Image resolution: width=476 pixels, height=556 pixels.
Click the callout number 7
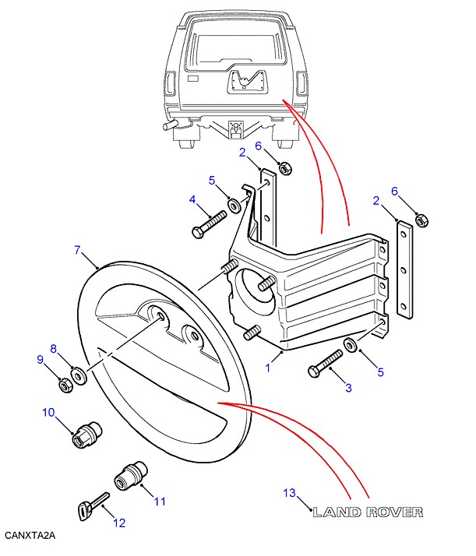click(x=77, y=251)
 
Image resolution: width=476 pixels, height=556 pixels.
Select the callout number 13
click(x=290, y=494)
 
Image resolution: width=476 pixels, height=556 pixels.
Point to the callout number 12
click(x=119, y=523)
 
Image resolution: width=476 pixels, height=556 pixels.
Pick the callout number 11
click(x=160, y=501)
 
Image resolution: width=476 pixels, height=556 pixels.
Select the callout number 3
click(x=348, y=387)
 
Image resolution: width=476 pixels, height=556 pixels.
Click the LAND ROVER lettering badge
click(x=367, y=512)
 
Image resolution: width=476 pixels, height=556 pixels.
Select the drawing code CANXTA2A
click(x=30, y=537)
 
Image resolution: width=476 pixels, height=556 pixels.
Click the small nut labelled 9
click(x=66, y=385)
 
